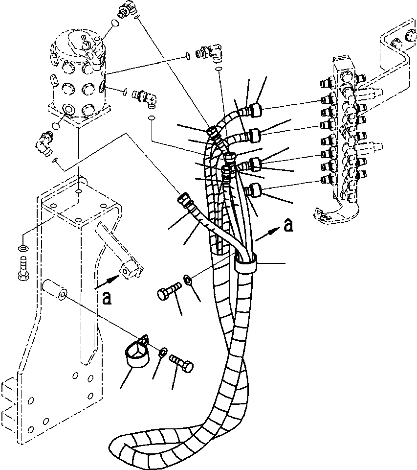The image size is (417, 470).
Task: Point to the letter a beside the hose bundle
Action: [289, 225]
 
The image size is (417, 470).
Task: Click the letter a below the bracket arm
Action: [107, 297]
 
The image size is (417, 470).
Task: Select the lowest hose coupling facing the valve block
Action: [255, 190]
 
